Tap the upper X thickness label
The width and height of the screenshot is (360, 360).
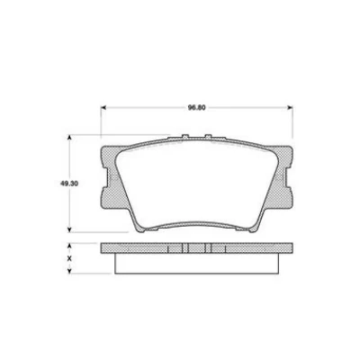(x=71, y=247)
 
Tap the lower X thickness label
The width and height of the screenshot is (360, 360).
(x=71, y=262)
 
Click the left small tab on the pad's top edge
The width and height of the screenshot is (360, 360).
(x=185, y=139)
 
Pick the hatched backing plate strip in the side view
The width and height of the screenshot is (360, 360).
(x=144, y=247)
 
